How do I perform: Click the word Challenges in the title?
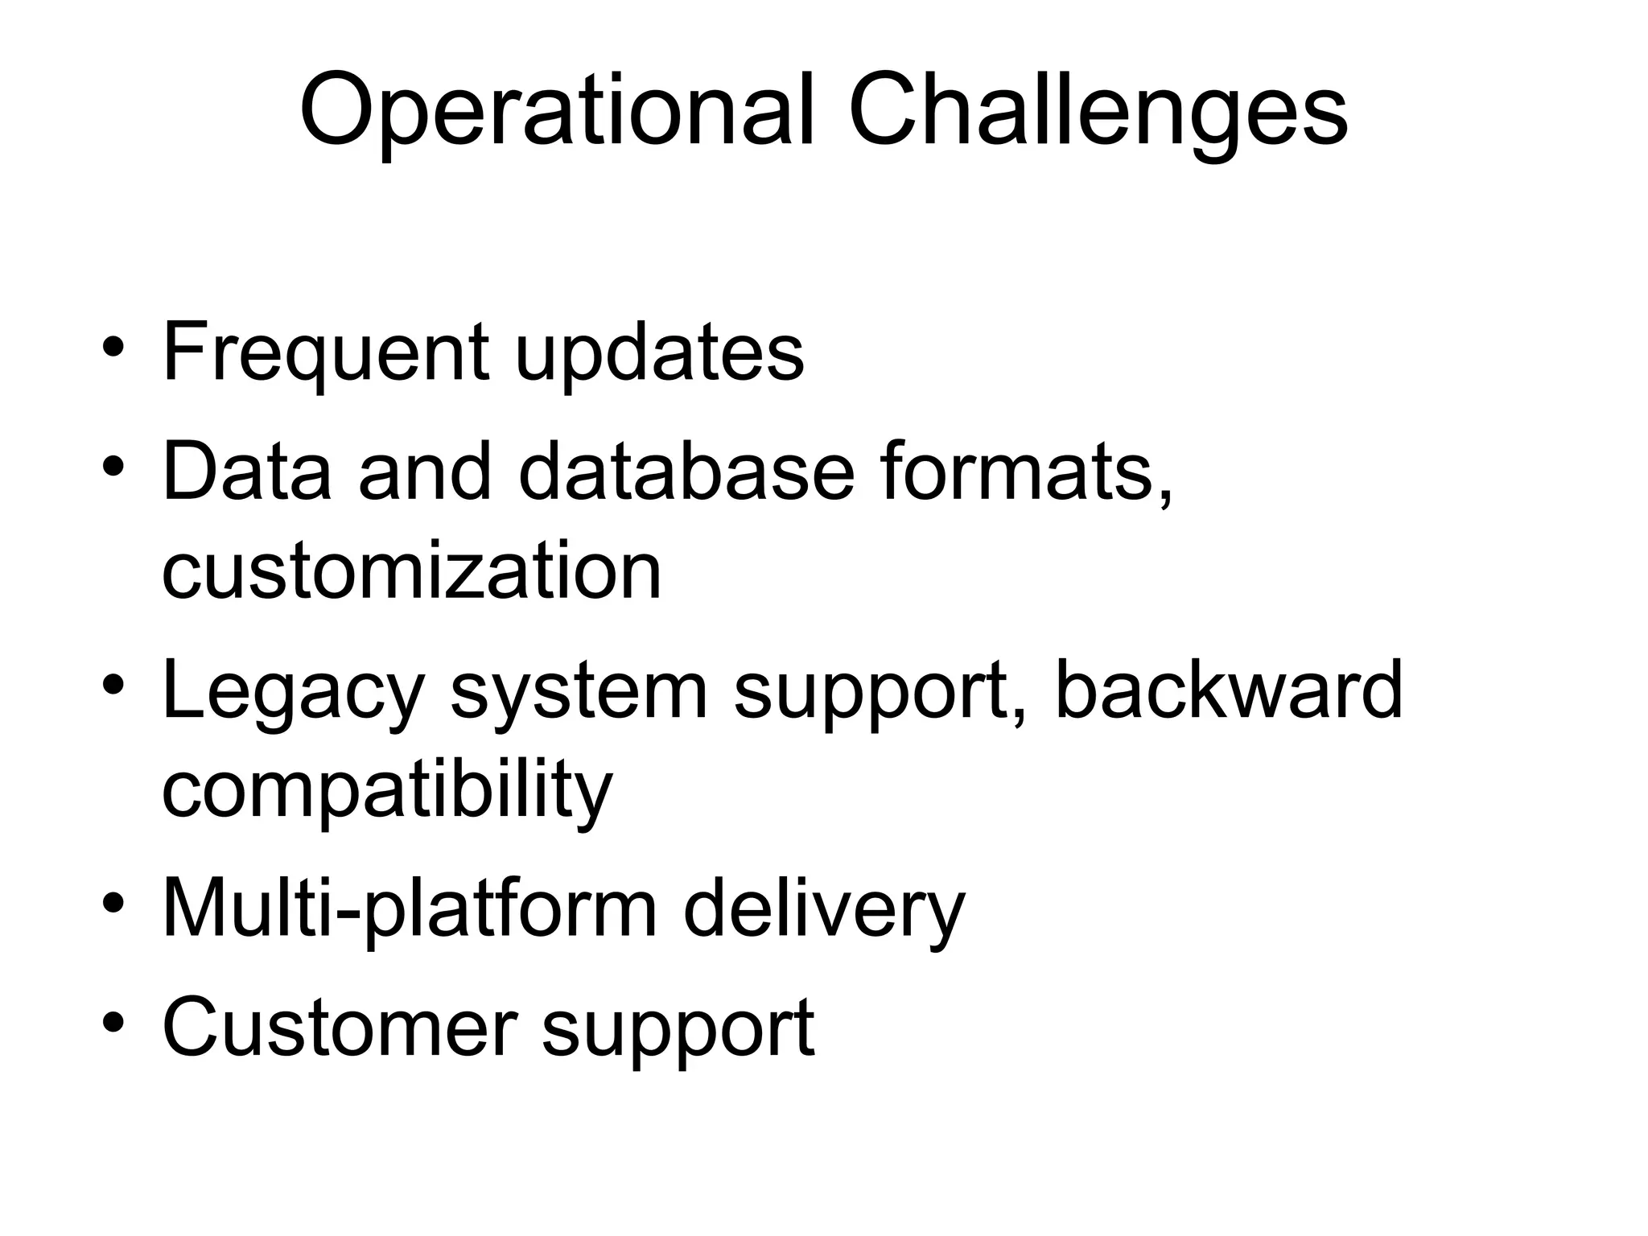(x=1098, y=110)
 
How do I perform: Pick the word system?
(x=579, y=690)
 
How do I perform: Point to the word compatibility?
(x=387, y=789)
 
